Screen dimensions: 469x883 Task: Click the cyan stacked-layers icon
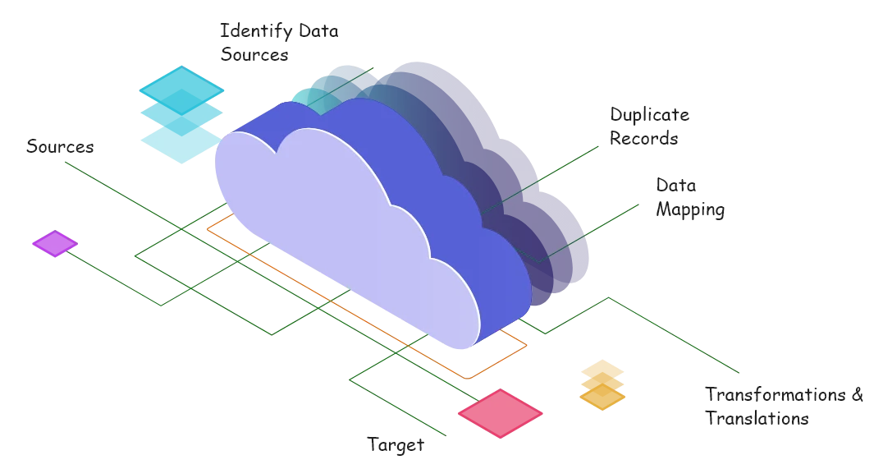[x=181, y=113]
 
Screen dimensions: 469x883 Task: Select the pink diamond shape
[x=500, y=413]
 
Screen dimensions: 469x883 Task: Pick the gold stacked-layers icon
[x=603, y=384]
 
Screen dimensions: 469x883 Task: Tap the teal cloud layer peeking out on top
[x=328, y=90]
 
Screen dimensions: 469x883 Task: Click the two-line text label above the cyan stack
[x=277, y=43]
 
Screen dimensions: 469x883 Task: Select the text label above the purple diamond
[x=62, y=147]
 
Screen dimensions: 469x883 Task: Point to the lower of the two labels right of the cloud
[x=692, y=200]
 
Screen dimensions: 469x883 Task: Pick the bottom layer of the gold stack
[x=603, y=399]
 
